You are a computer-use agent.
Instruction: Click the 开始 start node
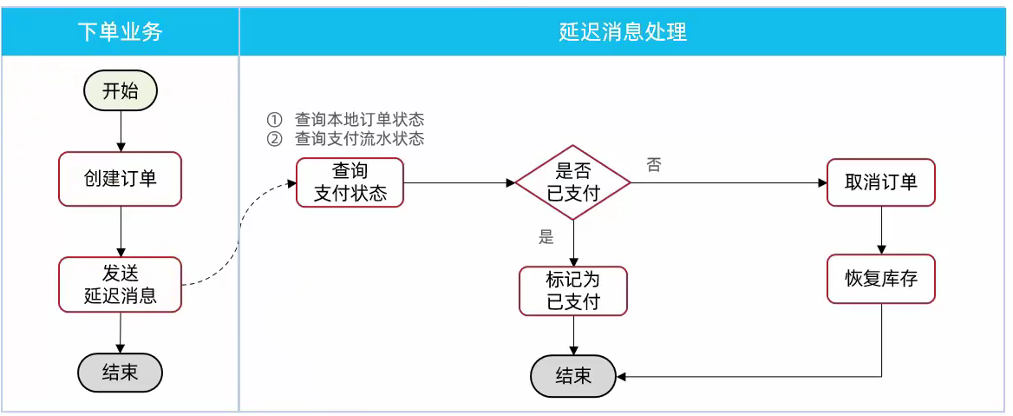(x=120, y=91)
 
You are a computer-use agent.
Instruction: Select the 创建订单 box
(x=120, y=179)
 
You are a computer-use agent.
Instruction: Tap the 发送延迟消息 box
(x=120, y=284)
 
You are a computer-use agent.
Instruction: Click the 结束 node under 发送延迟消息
(x=120, y=373)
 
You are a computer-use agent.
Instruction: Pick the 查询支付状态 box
(x=350, y=182)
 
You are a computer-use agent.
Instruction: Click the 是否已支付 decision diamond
(x=572, y=182)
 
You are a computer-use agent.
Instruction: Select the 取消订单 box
(x=881, y=182)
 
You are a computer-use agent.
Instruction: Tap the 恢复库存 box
(x=881, y=279)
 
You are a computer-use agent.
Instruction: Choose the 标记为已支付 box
(x=572, y=291)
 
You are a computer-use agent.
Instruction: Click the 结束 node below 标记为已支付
(x=572, y=376)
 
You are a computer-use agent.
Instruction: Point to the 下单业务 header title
(x=120, y=32)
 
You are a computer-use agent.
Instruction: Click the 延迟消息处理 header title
(x=623, y=32)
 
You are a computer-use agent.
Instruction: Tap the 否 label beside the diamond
(x=654, y=165)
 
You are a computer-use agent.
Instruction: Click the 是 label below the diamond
(x=546, y=238)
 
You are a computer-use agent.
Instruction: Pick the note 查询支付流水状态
(x=358, y=139)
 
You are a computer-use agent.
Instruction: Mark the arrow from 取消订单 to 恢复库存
(x=881, y=230)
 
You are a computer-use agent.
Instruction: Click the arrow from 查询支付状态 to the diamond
(x=460, y=183)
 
